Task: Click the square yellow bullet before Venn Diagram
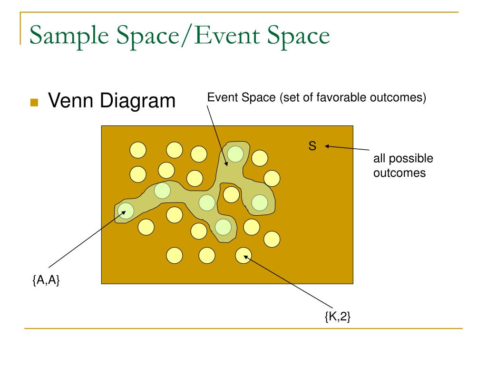[34, 102]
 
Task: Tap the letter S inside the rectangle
[312, 146]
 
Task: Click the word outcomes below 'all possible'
[399, 173]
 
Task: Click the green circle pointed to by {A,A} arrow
[126, 210]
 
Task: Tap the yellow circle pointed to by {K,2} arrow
[243, 256]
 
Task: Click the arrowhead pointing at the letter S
[327, 146]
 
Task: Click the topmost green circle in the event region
[235, 154]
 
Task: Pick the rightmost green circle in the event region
[260, 202]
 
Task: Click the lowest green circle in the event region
[223, 227]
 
